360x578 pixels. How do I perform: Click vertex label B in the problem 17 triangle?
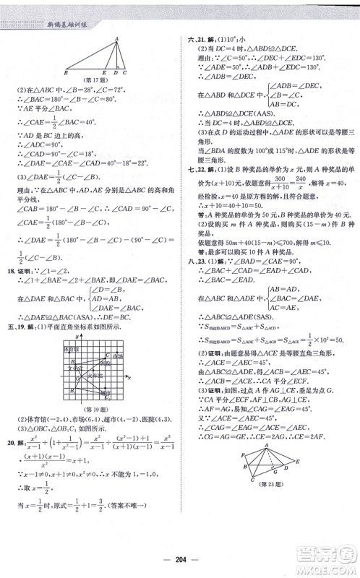[x=65, y=73]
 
